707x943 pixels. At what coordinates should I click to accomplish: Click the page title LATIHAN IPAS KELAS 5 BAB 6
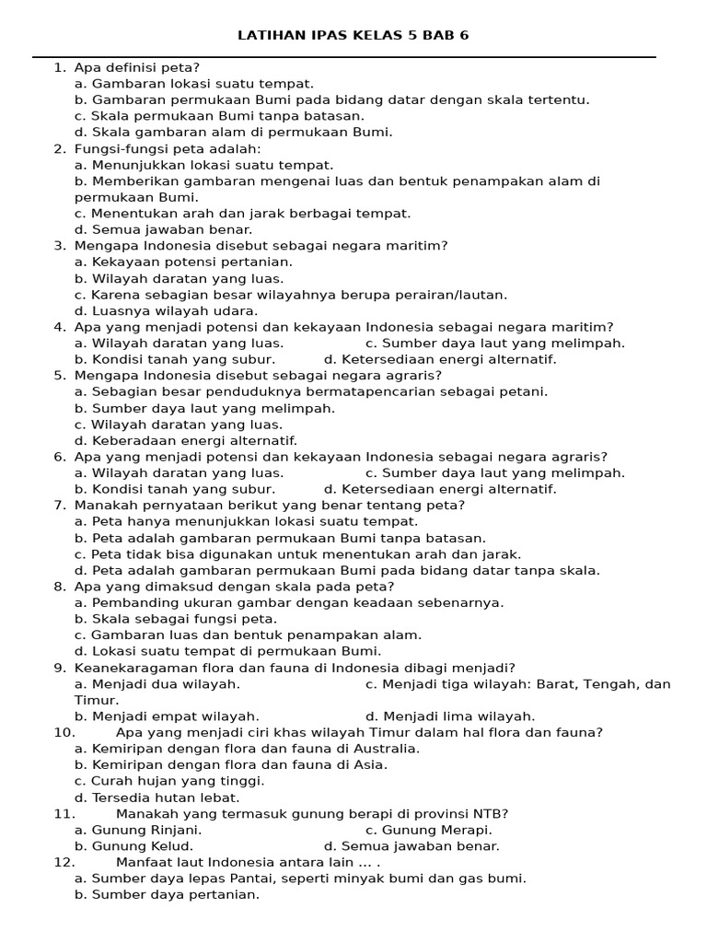353,36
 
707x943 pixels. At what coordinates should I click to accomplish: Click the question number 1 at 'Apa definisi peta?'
59,67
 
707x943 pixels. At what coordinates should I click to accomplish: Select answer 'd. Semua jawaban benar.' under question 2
163,229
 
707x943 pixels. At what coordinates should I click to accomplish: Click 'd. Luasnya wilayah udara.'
166,311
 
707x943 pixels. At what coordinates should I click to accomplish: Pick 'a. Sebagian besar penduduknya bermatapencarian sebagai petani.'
311,391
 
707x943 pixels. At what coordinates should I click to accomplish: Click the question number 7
59,506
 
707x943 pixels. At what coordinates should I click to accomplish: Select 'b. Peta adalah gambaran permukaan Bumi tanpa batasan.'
280,538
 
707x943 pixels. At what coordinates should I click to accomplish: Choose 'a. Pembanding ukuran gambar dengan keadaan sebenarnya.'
289,602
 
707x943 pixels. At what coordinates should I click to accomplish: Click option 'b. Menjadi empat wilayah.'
167,716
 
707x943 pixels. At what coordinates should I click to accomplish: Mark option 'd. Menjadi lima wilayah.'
450,716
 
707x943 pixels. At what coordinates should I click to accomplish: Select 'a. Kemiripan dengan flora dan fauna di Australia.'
247,749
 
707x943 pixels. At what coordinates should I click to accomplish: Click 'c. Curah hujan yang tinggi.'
169,781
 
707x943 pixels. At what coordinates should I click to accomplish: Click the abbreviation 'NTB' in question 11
488,813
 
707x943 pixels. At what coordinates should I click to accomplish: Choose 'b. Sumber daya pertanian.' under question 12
167,894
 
